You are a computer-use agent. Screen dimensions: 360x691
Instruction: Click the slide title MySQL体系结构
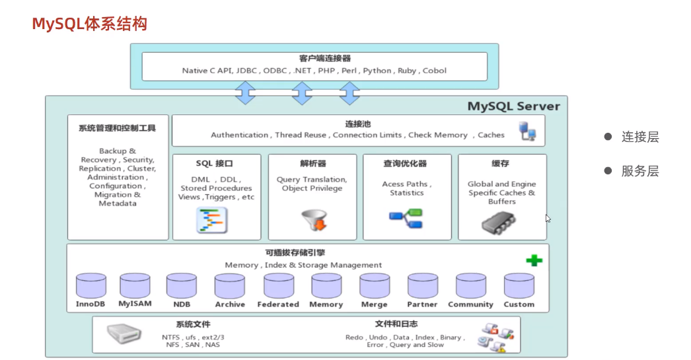click(90, 24)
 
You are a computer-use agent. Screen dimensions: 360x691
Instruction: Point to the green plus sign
click(534, 260)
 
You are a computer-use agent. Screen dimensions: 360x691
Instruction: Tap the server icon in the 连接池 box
click(527, 131)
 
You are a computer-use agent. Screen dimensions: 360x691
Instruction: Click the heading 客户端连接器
click(314, 59)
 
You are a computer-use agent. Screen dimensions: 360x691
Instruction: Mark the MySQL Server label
click(513, 106)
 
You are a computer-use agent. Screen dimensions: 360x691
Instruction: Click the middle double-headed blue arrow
click(301, 93)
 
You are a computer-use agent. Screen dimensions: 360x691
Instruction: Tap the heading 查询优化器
click(405, 163)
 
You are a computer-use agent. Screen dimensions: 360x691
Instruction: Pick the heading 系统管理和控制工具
click(117, 127)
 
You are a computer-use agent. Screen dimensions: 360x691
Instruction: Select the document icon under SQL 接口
click(211, 220)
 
